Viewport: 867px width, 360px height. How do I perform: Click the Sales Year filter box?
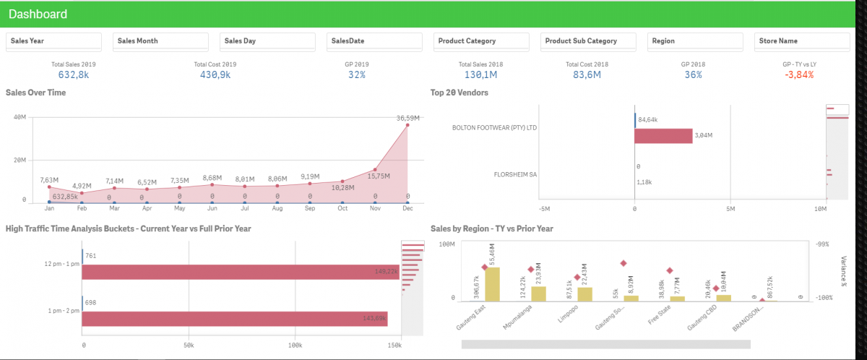[53, 41]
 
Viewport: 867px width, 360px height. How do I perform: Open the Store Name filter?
[802, 41]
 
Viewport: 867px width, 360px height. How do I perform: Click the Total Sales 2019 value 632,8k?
[73, 74]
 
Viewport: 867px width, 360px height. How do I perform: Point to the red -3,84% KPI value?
[799, 74]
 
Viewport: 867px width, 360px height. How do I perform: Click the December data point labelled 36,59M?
[407, 125]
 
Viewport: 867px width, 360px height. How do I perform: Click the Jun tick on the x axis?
[212, 208]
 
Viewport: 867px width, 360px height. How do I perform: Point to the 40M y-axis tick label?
[20, 117]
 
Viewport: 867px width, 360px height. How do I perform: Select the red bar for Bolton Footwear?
[663, 136]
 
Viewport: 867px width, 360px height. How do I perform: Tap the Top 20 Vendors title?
[459, 93]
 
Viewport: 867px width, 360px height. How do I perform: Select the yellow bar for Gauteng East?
[493, 283]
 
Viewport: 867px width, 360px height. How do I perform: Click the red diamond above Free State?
[670, 270]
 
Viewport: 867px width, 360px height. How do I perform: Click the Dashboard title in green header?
[38, 14]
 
